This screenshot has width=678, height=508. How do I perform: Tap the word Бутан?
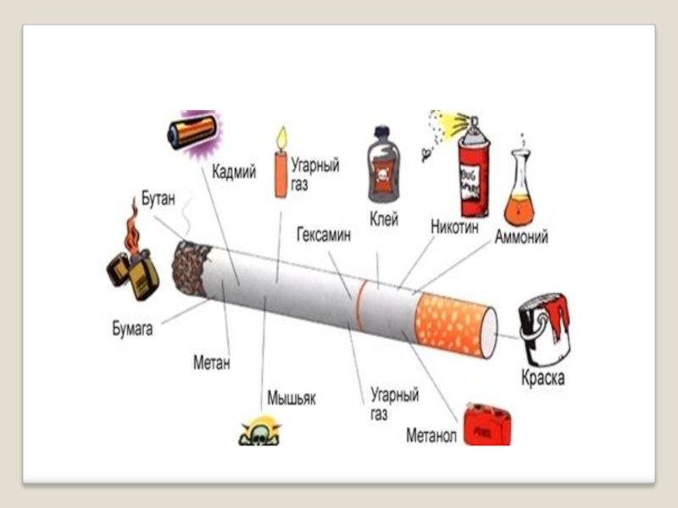[x=158, y=200]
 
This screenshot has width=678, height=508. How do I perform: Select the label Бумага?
[x=132, y=329]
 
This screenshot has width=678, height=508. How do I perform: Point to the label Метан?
[x=212, y=363]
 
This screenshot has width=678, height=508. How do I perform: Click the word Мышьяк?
[x=292, y=397]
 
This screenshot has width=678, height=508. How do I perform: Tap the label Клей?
[x=384, y=221]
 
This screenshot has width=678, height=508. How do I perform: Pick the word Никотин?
[x=455, y=228]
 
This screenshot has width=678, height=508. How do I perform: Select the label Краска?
[x=542, y=378]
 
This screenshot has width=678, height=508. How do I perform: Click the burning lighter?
[x=133, y=257]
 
